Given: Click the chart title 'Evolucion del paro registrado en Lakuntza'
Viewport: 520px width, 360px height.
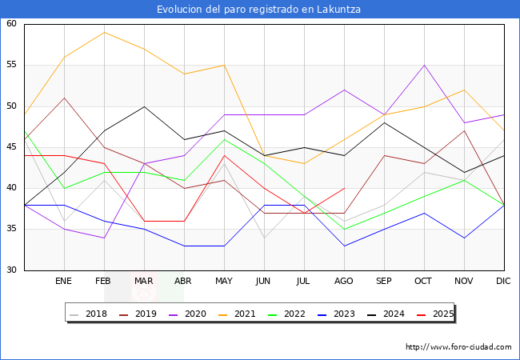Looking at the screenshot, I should pyautogui.click(x=260, y=10).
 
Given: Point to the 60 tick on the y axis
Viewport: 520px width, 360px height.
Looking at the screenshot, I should pyautogui.click(x=12, y=24).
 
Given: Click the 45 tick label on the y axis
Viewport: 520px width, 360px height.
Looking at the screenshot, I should pyautogui.click(x=12, y=147).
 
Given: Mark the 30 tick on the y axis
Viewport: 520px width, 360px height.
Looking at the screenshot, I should pyautogui.click(x=12, y=270).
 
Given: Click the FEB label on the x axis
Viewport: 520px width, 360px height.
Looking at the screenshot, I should pyautogui.click(x=104, y=282).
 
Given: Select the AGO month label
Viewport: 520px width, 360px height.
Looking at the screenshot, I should pyautogui.click(x=344, y=282).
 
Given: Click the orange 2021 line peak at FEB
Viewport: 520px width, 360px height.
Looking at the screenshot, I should pyautogui.click(x=104, y=32).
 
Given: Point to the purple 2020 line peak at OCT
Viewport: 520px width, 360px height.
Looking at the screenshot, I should pyautogui.click(x=424, y=65).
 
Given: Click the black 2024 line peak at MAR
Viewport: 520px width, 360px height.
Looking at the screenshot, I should pyautogui.click(x=144, y=106).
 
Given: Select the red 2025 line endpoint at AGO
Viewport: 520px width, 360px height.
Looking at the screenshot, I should pyautogui.click(x=344, y=188).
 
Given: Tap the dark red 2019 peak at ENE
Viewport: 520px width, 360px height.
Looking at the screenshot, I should pyautogui.click(x=64, y=98).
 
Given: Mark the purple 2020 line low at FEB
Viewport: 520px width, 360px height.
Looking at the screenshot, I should pyautogui.click(x=104, y=238).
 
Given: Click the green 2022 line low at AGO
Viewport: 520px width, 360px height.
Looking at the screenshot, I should pyautogui.click(x=344, y=230).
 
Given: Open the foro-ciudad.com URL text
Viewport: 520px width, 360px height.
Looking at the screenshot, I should pyautogui.click(x=458, y=347).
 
